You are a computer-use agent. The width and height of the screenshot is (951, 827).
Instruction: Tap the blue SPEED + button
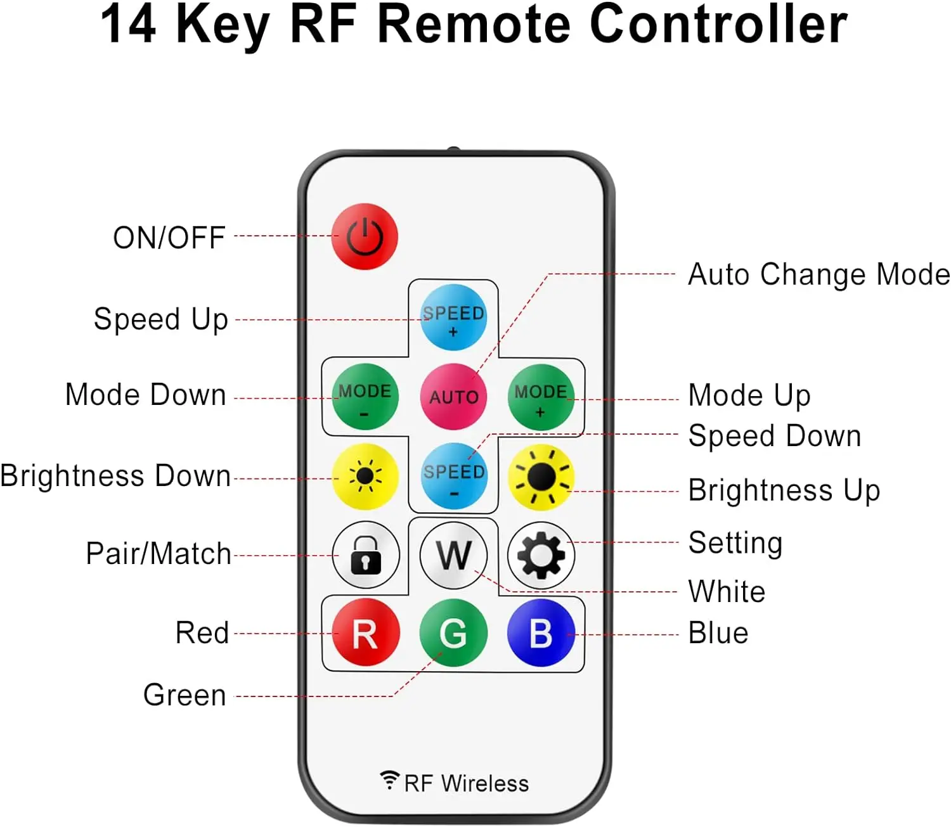[x=453, y=318]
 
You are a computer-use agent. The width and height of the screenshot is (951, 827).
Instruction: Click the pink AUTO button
[x=453, y=397]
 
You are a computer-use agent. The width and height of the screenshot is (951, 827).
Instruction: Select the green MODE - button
[x=365, y=397]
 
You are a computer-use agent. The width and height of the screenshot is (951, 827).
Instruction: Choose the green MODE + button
[x=540, y=397]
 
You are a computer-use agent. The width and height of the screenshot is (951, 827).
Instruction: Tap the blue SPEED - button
[x=453, y=477]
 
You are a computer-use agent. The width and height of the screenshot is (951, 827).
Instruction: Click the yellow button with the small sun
[x=365, y=477]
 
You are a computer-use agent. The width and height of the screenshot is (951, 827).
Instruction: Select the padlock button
[x=366, y=555]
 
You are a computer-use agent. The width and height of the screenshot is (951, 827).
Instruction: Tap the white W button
[x=453, y=555]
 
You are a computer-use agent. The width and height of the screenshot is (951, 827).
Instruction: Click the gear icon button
[x=541, y=555]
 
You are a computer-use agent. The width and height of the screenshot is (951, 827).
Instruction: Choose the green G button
[x=453, y=633]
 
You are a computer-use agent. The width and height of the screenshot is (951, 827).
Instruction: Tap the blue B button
[x=541, y=633]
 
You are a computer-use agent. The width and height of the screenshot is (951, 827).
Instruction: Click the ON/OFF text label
[x=169, y=238]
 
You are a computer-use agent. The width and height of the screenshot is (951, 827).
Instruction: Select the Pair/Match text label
[x=158, y=554]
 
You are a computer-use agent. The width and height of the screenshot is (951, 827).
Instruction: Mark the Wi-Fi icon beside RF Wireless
[x=389, y=780]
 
